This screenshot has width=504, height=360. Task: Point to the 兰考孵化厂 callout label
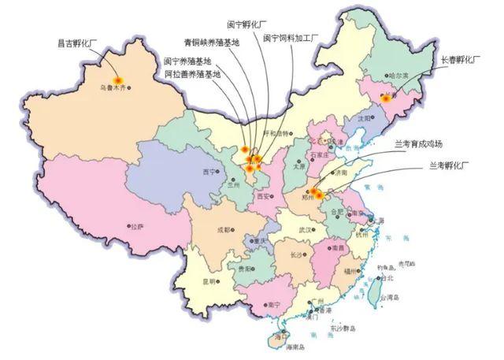(449, 165)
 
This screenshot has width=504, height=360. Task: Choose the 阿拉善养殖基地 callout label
(192, 73)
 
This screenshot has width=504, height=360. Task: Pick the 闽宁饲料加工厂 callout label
(289, 37)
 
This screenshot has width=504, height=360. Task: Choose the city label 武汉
(304, 230)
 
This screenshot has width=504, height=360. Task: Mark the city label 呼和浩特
(276, 132)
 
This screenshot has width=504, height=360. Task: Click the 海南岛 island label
(295, 347)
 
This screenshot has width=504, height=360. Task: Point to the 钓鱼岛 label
(385, 269)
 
